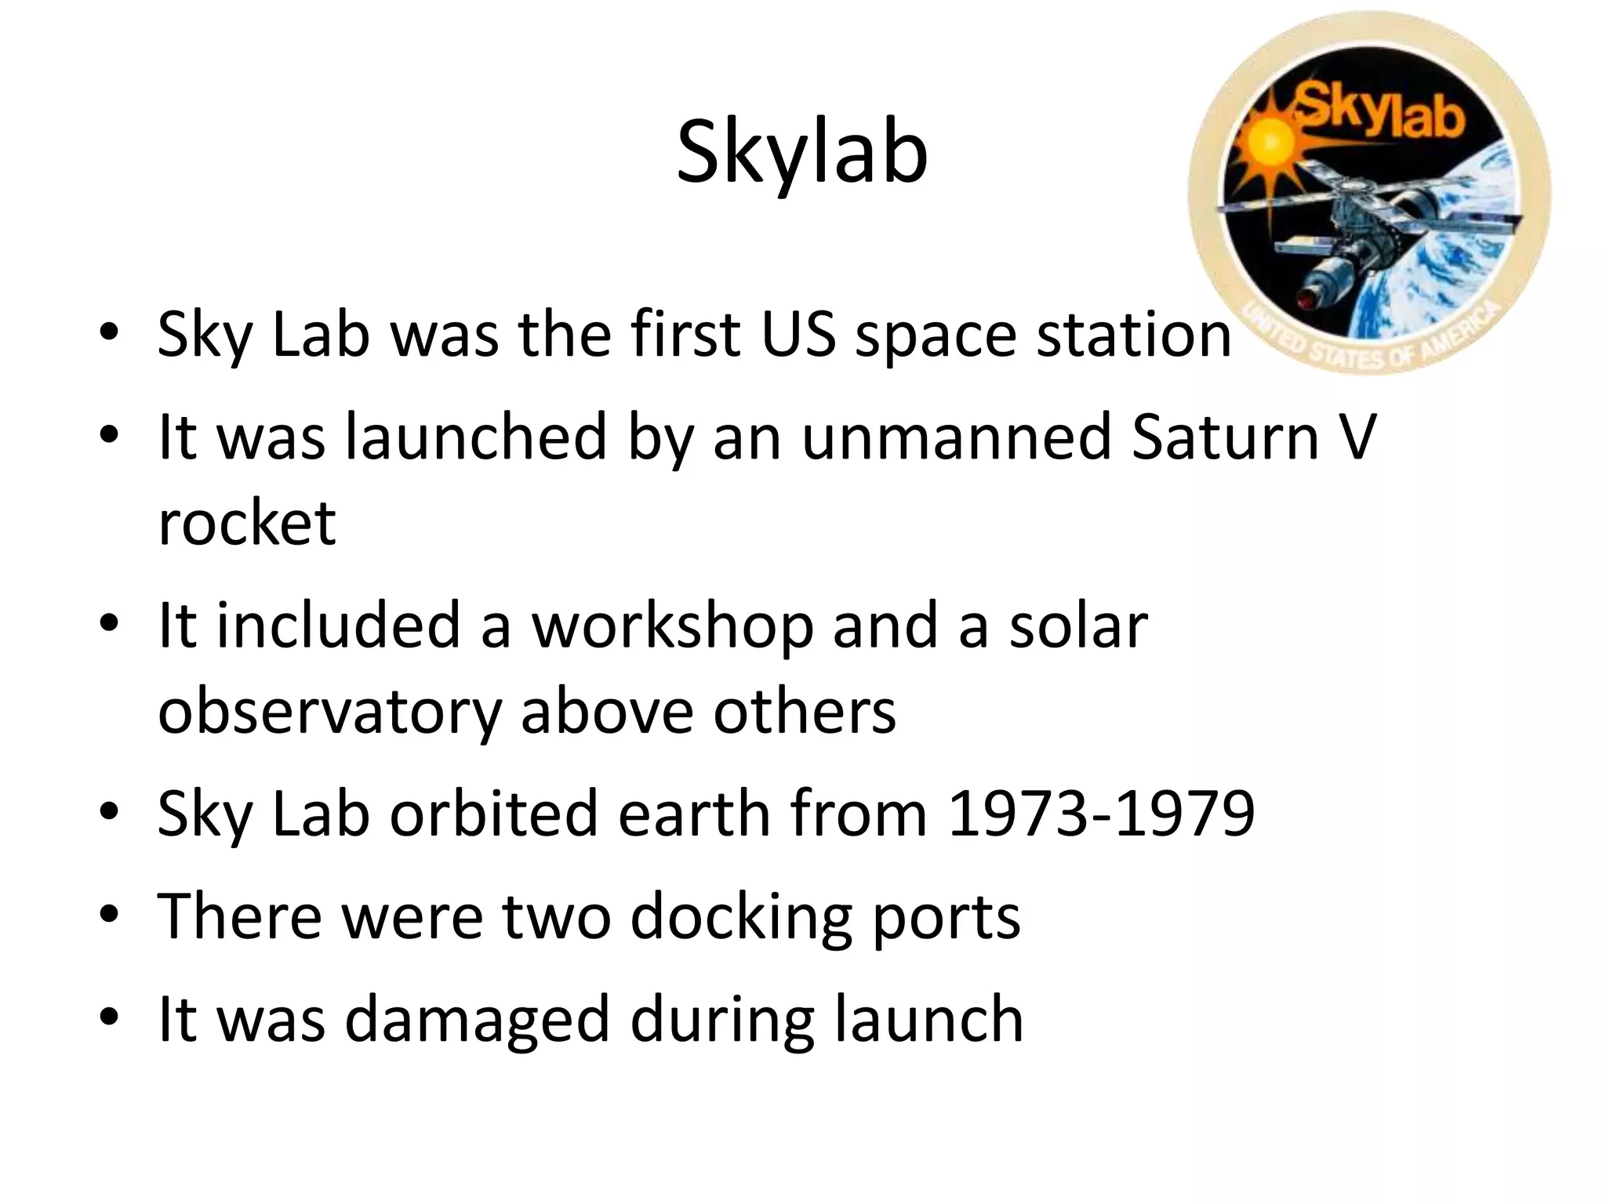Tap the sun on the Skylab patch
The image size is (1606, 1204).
1264,140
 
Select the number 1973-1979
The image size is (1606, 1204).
1101,813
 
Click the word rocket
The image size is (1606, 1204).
247,522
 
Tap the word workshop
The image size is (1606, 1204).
673,627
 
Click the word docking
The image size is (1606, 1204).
740,916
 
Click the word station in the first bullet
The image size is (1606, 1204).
1134,335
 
